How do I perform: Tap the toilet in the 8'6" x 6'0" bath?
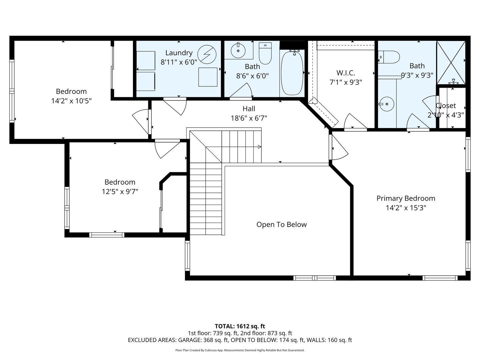pos(265,53)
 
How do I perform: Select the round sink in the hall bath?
pos(238,50)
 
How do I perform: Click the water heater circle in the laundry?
pos(207,54)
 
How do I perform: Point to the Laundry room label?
pos(179,53)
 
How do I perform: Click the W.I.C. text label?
pos(346,73)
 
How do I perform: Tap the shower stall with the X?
pos(451,63)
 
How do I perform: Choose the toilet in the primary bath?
pos(389,57)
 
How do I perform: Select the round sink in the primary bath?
pos(387,104)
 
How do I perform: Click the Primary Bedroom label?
pos(406,198)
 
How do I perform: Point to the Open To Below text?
pos(281,224)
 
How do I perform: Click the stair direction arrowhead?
pos(260,147)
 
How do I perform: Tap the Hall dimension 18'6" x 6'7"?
pos(249,118)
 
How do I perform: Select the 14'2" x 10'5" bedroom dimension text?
pos(71,101)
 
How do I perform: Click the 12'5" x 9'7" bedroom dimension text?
pos(120,192)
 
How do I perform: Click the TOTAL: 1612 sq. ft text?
pos(240,326)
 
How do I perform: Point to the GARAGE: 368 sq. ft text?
pos(204,340)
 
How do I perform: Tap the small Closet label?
pos(446,106)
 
